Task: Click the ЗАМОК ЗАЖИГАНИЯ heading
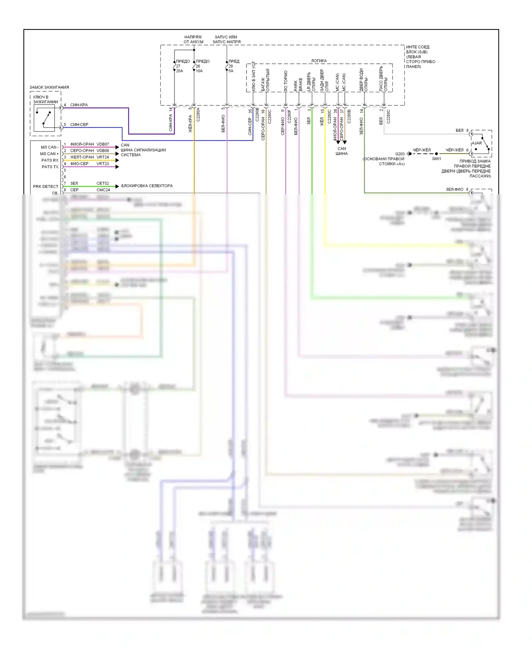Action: pyautogui.click(x=49, y=87)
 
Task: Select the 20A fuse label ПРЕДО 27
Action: pyautogui.click(x=183, y=66)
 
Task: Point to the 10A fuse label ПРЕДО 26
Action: pyautogui.click(x=203, y=66)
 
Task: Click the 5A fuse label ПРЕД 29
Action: pyautogui.click(x=234, y=66)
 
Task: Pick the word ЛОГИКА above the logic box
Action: pyautogui.click(x=319, y=61)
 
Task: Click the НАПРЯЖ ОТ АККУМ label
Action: pyautogui.click(x=193, y=39)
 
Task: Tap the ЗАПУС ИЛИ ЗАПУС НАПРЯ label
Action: pyautogui.click(x=226, y=39)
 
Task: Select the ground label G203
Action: pyautogui.click(x=400, y=154)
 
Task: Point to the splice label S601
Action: pyautogui.click(x=436, y=159)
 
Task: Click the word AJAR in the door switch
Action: pyautogui.click(x=477, y=143)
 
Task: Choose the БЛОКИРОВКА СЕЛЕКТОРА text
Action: pyautogui.click(x=147, y=186)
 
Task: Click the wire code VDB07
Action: pyautogui.click(x=103, y=144)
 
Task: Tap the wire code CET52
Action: pyautogui.click(x=103, y=183)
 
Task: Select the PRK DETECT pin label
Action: pyautogui.click(x=45, y=186)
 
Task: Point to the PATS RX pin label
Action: pyautogui.click(x=50, y=160)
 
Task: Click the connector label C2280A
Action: pyautogui.click(x=198, y=115)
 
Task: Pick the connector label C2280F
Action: pyautogui.click(x=289, y=116)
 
